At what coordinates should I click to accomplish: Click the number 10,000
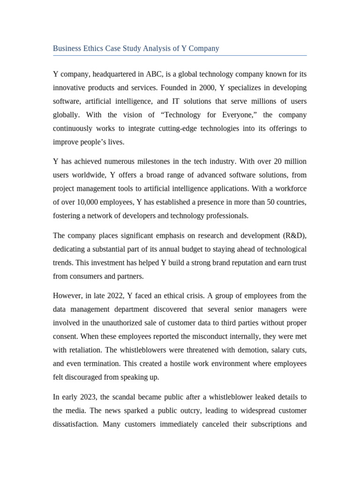[x=86, y=202]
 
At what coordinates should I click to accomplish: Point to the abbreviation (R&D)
[x=294, y=235]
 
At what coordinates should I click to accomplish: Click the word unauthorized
[x=119, y=322]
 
